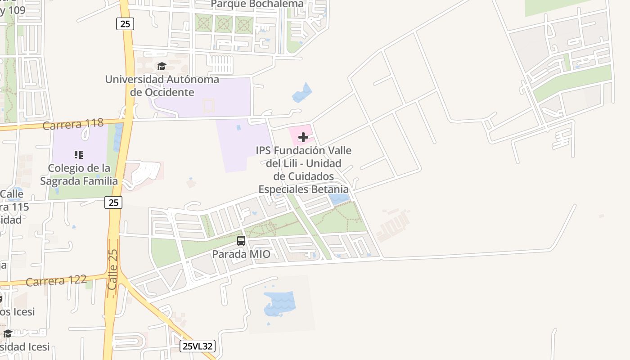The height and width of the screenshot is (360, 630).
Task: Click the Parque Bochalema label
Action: pyautogui.click(x=257, y=4)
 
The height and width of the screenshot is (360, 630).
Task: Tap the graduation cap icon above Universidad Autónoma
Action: pyautogui.click(x=162, y=67)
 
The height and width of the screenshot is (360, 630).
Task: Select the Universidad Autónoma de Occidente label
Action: pyautogui.click(x=162, y=86)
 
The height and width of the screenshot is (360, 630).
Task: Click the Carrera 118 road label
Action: pyautogui.click(x=73, y=123)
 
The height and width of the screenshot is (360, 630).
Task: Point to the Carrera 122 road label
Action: pyautogui.click(x=56, y=281)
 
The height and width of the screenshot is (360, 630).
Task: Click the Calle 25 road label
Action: pyautogui.click(x=112, y=270)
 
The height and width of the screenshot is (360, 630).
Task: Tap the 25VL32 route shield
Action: pyautogui.click(x=198, y=346)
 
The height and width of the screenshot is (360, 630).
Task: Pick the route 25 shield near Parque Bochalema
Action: pyautogui.click(x=125, y=23)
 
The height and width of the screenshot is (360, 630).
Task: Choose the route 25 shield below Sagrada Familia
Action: pyautogui.click(x=113, y=202)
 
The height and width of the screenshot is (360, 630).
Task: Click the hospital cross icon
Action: pyautogui.click(x=303, y=137)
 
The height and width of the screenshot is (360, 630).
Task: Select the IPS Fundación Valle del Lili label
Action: pyautogui.click(x=303, y=170)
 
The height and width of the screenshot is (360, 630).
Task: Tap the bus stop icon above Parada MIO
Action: pyautogui.click(x=241, y=241)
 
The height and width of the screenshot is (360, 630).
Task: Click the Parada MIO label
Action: pyautogui.click(x=241, y=254)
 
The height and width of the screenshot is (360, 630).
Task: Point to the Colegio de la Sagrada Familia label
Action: pyautogui.click(x=79, y=175)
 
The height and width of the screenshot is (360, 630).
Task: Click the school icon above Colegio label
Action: pyautogui.click(x=79, y=155)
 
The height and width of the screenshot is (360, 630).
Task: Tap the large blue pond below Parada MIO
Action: pyautogui.click(x=280, y=304)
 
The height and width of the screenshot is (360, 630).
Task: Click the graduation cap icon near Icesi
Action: pyautogui.click(x=8, y=333)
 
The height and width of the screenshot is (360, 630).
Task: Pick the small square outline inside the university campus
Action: pyautogui.click(x=208, y=106)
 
